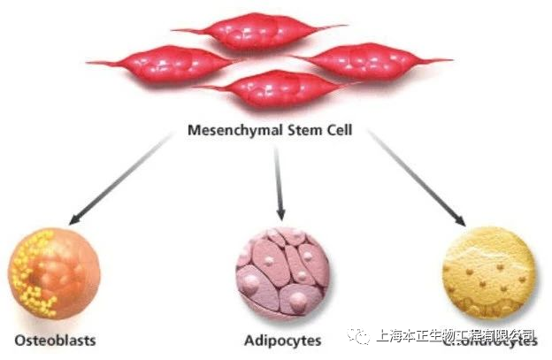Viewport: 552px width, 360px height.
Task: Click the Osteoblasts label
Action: (x=55, y=340)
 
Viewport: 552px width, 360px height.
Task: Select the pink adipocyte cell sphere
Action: (x=281, y=271)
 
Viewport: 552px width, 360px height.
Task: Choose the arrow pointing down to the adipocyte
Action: (x=279, y=182)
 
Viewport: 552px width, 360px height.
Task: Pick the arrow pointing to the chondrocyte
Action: (x=417, y=177)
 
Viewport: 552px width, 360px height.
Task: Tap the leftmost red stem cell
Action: (x=164, y=63)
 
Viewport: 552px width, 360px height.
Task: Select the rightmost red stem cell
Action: (x=372, y=60)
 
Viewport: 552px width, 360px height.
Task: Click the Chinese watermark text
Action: (x=456, y=335)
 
